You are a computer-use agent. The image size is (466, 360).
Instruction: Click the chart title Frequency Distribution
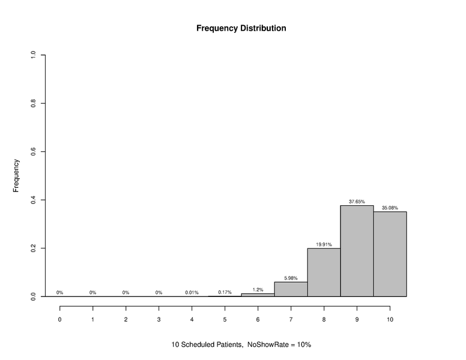click(x=241, y=28)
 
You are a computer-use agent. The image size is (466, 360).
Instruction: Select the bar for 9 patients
click(x=357, y=251)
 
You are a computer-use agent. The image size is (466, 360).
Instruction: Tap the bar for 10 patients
click(x=390, y=254)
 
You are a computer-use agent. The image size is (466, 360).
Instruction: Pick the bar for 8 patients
click(x=324, y=272)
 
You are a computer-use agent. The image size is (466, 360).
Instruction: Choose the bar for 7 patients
click(x=291, y=289)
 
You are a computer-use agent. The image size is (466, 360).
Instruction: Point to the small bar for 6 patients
click(x=258, y=295)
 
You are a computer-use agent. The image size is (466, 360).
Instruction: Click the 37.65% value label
click(x=357, y=202)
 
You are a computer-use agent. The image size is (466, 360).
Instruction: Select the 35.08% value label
click(x=390, y=208)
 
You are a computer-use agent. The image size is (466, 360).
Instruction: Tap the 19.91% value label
click(x=324, y=245)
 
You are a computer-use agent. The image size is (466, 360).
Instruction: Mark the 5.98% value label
click(x=291, y=278)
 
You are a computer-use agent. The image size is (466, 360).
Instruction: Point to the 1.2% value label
click(x=258, y=289)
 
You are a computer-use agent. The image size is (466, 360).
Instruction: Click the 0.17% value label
click(x=225, y=292)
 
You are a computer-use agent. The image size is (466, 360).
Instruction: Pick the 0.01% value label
click(x=192, y=292)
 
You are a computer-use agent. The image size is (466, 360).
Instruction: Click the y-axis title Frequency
click(x=17, y=175)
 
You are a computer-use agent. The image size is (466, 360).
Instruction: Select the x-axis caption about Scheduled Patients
click(x=241, y=345)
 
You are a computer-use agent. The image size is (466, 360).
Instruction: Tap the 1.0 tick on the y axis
click(x=34, y=55)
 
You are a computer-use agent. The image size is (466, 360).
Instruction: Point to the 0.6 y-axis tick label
click(x=34, y=152)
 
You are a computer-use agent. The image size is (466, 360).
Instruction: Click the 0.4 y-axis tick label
click(x=34, y=200)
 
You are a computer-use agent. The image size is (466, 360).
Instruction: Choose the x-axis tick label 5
click(x=225, y=319)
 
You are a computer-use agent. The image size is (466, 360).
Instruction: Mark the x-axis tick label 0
click(x=60, y=319)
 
